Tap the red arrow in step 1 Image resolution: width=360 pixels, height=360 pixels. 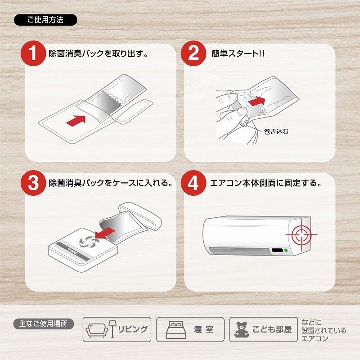click(x=76, y=120)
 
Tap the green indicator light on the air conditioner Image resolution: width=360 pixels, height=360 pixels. click(x=286, y=250)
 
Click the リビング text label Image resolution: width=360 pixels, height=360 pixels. click(x=133, y=329)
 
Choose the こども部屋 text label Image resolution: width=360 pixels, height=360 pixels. click(x=272, y=329)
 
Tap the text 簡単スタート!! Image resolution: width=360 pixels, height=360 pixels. click(x=238, y=54)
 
